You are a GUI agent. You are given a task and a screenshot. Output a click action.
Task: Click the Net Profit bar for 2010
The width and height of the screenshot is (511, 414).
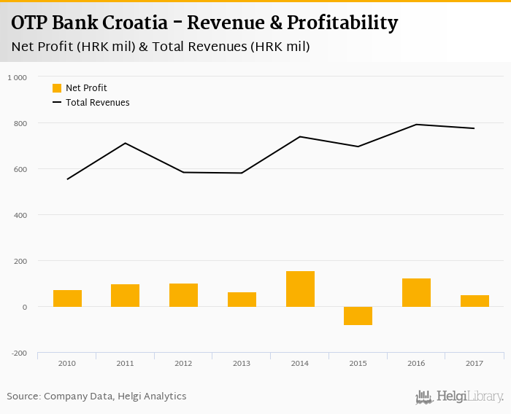[x=67, y=298]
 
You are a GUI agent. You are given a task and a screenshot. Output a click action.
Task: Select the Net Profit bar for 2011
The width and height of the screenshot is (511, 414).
[x=125, y=295]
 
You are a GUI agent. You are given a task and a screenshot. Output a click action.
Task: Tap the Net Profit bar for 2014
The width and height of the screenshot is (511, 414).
[x=300, y=289]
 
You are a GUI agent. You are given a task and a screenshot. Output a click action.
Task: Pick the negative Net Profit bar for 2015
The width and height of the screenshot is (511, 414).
[x=358, y=316]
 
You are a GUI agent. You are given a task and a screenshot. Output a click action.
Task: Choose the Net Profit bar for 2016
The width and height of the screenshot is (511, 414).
[x=416, y=292]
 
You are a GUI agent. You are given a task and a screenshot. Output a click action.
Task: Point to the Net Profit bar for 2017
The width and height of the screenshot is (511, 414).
[x=474, y=300]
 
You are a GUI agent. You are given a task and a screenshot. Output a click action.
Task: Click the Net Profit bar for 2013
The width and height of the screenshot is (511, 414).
[x=242, y=299]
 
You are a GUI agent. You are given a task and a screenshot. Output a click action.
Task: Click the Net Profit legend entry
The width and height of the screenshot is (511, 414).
[x=80, y=88]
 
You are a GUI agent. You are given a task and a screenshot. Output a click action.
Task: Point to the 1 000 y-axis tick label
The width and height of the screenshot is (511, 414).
[x=17, y=77]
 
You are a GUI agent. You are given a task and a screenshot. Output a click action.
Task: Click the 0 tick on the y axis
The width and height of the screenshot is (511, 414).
[x=24, y=307]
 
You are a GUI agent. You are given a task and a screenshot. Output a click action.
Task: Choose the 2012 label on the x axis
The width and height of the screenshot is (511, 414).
[x=183, y=362]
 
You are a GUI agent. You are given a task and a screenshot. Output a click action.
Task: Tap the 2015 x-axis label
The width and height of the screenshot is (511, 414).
[x=358, y=362]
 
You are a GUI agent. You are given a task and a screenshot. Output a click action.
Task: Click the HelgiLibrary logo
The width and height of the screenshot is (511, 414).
[x=460, y=397]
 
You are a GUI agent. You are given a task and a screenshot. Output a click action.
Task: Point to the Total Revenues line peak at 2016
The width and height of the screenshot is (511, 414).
[x=416, y=125]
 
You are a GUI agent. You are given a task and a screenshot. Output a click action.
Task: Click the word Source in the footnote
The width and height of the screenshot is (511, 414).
[x=23, y=397]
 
